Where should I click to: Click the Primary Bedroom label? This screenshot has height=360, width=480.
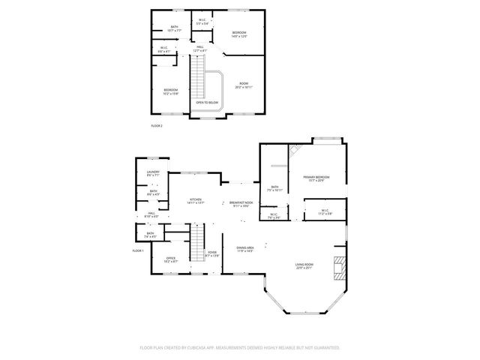tap(319, 178)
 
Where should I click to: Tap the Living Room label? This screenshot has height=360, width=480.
tap(304, 265)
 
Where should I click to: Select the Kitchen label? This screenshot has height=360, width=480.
tap(196, 201)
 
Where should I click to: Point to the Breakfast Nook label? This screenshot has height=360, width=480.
tap(241, 204)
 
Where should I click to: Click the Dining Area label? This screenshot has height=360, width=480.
tap(245, 248)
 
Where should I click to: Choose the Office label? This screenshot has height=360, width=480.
tap(170, 259)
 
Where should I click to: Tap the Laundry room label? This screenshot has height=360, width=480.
tap(152, 173)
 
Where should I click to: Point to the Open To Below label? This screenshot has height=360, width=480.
tap(207, 102)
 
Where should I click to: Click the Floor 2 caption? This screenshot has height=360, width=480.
tap(156, 125)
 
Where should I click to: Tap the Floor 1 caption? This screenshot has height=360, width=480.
tap(137, 250)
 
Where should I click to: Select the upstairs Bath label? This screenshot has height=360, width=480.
tap(174, 28)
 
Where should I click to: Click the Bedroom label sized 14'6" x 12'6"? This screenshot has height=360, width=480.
tap(239, 34)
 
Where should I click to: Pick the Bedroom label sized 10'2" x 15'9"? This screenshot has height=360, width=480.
tap(172, 91)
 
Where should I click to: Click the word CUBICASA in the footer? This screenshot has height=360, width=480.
tap(212, 348)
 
